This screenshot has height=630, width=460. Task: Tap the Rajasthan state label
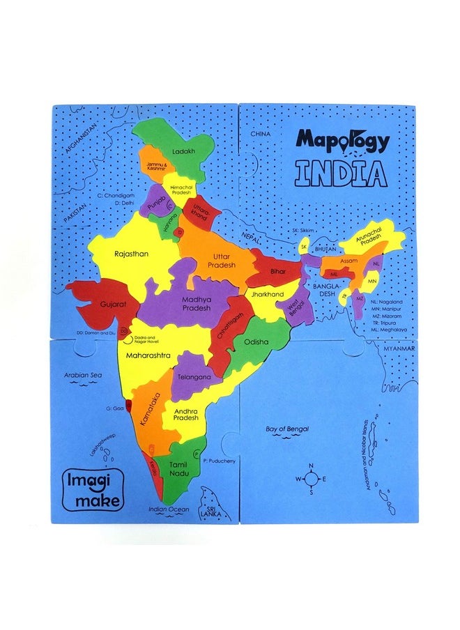(132, 254)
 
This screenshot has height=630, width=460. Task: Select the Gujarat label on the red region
(112, 305)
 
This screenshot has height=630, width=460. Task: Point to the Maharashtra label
(148, 355)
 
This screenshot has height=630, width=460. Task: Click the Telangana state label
(195, 376)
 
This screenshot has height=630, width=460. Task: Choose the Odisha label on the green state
(256, 342)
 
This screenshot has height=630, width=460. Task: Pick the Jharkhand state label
(268, 295)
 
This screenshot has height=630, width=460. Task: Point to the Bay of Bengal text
(287, 429)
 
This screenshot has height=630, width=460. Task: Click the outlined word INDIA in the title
(340, 173)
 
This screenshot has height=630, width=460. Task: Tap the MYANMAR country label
(399, 348)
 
